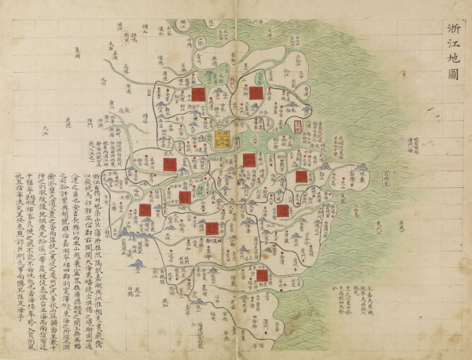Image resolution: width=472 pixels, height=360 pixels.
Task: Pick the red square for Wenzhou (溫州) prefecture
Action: coord(260,277)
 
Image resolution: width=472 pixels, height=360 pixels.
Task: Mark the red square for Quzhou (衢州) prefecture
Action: coord(145,210)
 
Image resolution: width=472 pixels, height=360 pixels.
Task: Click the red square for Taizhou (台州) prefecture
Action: coord(282,211)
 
